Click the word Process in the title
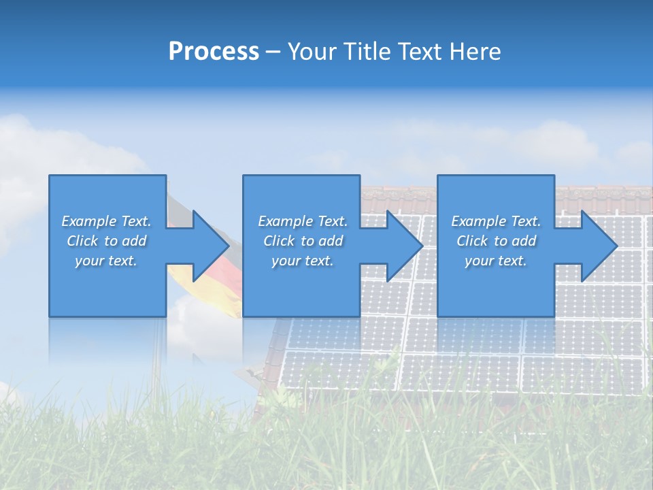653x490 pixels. pyautogui.click(x=214, y=52)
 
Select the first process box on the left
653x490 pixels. pyautogui.click(x=107, y=286)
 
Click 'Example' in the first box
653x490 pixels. pyautogui.click(x=89, y=221)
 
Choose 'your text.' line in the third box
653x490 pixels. pyautogui.click(x=495, y=261)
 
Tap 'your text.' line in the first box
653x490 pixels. pyautogui.click(x=105, y=261)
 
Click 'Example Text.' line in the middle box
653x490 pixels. pyautogui.click(x=302, y=221)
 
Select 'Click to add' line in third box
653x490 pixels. pyautogui.click(x=496, y=241)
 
